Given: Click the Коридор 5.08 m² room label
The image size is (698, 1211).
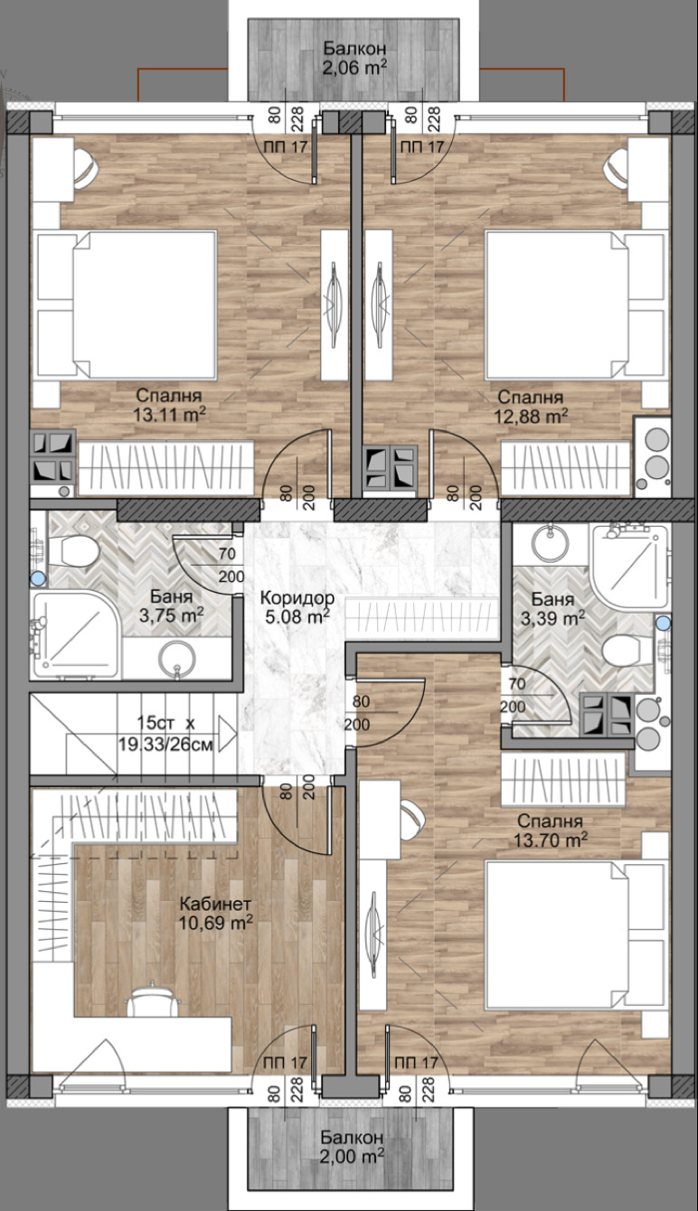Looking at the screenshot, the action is (x=297, y=607).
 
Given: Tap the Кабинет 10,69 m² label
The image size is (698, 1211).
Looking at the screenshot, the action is (x=216, y=913).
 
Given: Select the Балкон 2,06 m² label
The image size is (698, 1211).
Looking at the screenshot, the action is (x=354, y=57).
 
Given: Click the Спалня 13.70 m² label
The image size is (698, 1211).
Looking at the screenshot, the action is (x=550, y=831).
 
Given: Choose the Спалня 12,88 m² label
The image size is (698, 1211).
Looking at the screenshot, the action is (x=531, y=407).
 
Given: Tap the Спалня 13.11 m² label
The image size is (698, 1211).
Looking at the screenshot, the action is (x=169, y=404).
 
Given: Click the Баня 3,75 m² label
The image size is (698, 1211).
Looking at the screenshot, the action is (x=172, y=605).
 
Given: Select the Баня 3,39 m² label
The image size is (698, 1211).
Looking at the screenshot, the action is (x=552, y=607).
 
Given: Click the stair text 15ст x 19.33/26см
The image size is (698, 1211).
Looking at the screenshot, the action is (x=166, y=734).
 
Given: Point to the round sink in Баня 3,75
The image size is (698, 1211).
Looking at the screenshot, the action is (x=177, y=659).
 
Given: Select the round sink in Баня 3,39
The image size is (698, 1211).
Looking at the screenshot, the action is (x=550, y=541).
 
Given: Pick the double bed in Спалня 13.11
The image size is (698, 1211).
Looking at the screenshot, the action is (x=127, y=305).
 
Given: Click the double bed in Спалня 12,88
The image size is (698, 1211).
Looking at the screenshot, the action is (x=575, y=305).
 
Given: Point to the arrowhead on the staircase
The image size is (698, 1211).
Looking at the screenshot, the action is (x=228, y=735).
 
